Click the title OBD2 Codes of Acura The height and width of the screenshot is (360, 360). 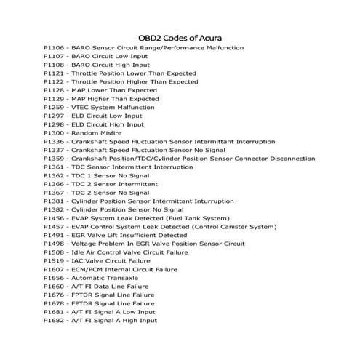coord(180,37)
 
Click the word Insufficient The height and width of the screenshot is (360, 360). coord(136,235)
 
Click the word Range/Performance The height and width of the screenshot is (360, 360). coord(159,47)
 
